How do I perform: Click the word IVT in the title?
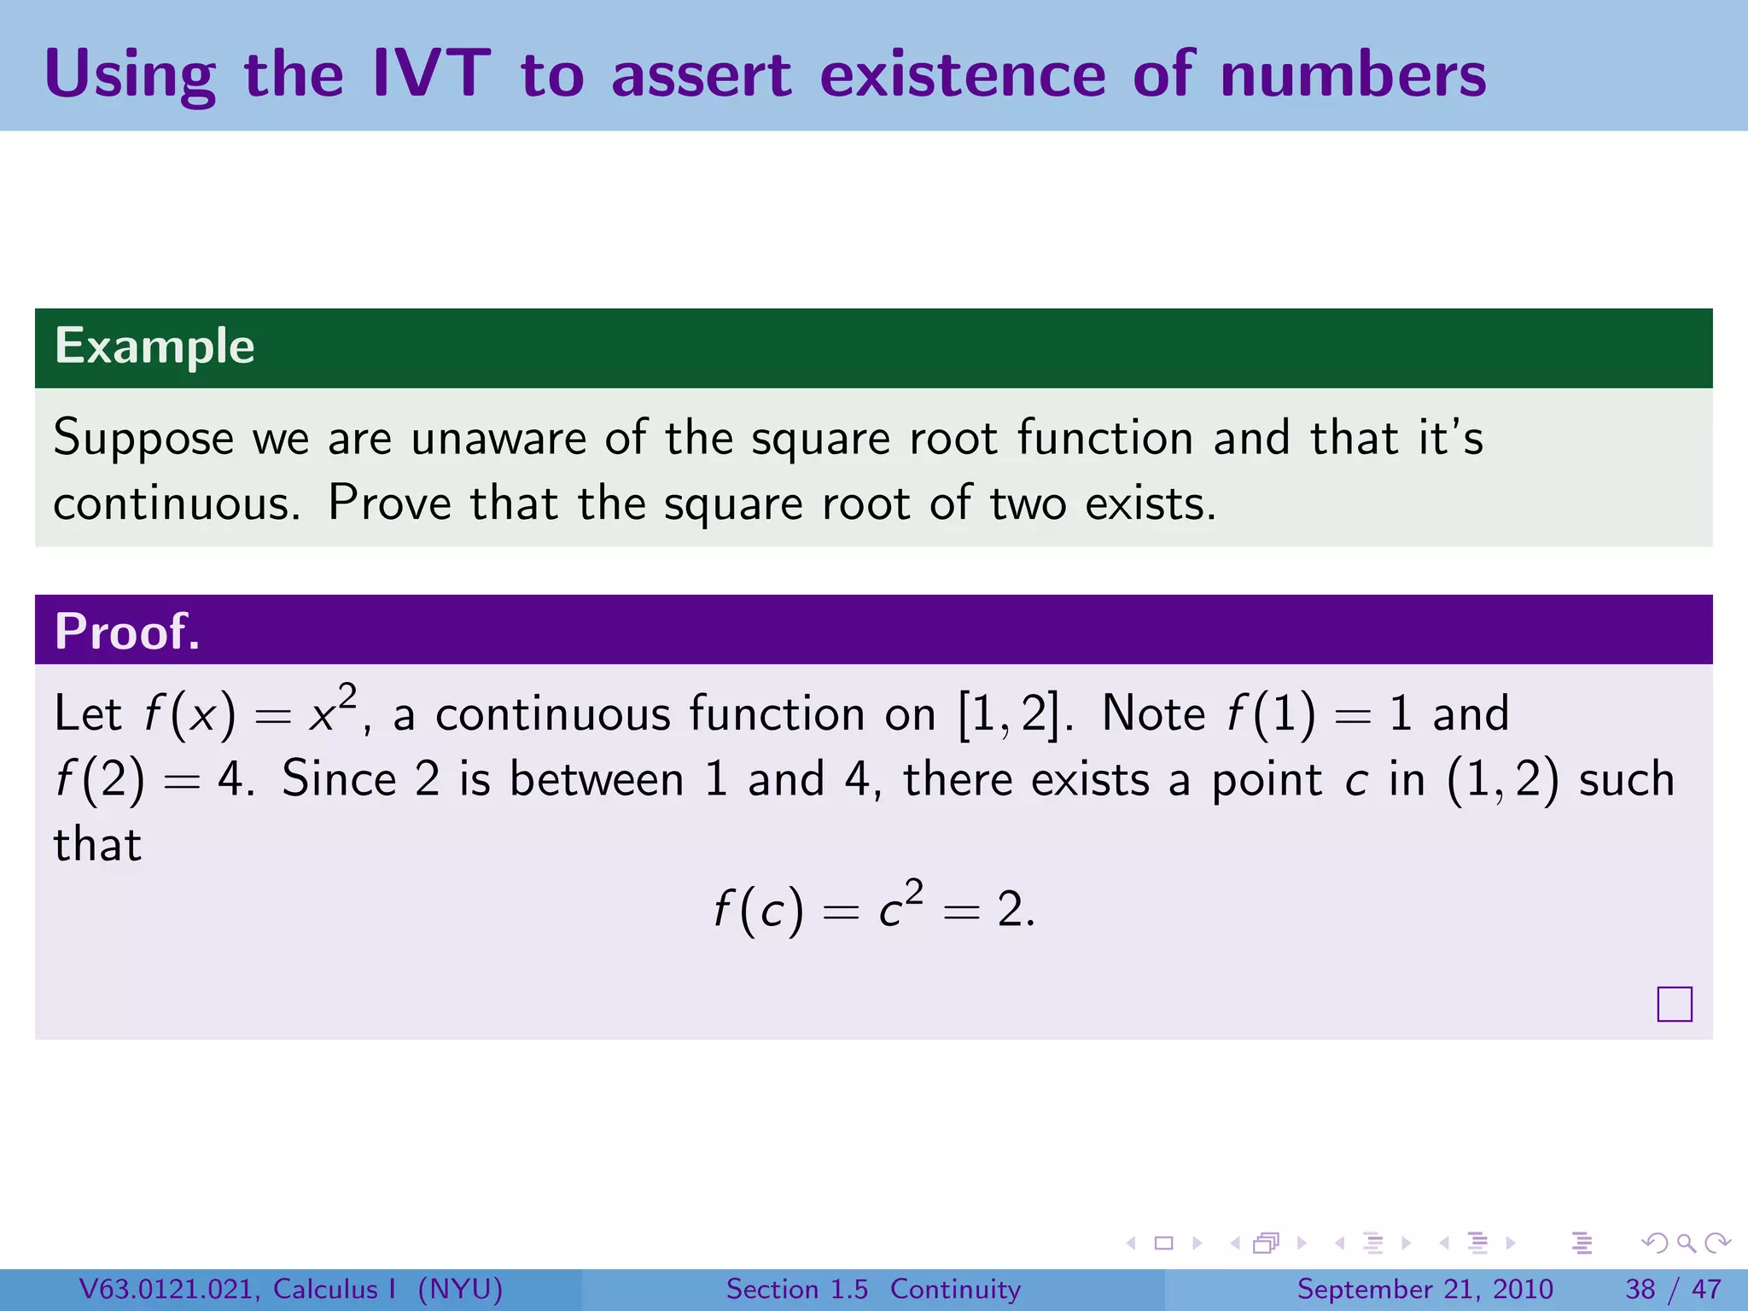[x=431, y=74]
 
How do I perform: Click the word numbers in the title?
[x=1353, y=74]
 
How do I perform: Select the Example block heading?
[x=154, y=347]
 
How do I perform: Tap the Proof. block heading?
[x=127, y=632]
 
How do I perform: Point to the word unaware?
[x=498, y=438]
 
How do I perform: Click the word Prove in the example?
[x=389, y=503]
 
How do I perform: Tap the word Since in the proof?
[x=339, y=778]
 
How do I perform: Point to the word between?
[x=597, y=778]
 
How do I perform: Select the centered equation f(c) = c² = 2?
[x=874, y=908]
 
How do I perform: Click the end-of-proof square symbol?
[x=1674, y=1004]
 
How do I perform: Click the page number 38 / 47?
[x=1673, y=1289]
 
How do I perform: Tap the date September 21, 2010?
[x=1425, y=1289]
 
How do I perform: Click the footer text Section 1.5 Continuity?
[x=873, y=1289]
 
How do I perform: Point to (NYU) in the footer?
[x=460, y=1289]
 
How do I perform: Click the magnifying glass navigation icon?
[x=1686, y=1243]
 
